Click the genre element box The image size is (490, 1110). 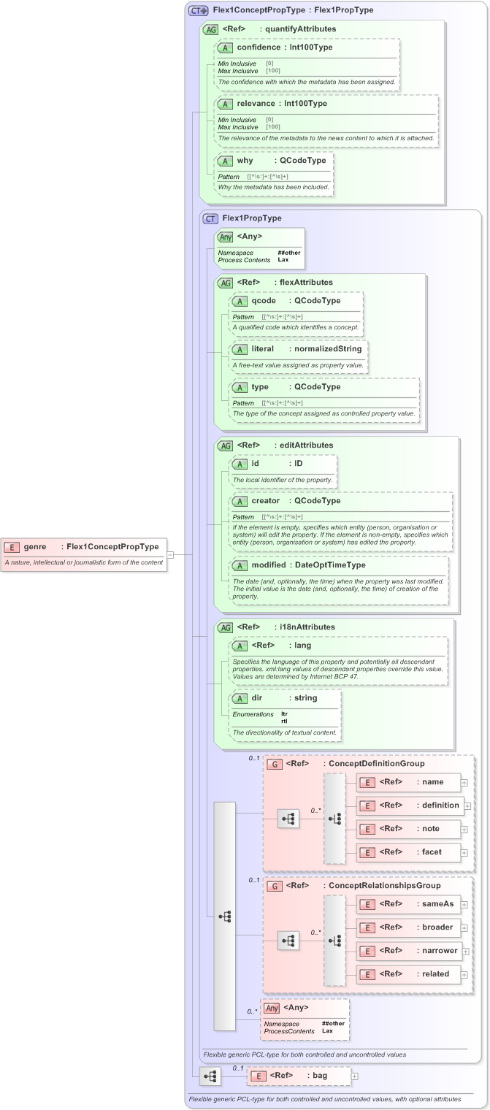(84, 546)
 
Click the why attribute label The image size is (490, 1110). (244, 160)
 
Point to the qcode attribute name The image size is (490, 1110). (264, 300)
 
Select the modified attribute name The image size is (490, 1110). (269, 564)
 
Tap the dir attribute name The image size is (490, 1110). (256, 697)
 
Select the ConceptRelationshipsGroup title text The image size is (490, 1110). (374, 886)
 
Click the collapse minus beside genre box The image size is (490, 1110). (170, 554)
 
